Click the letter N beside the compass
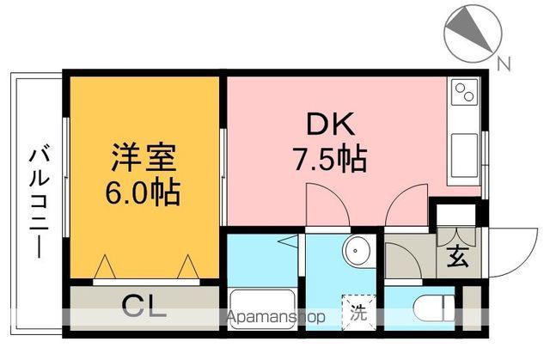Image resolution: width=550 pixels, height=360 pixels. click(x=504, y=62)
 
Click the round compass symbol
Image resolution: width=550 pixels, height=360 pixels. click(x=471, y=31)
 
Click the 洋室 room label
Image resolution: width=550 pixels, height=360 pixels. click(x=144, y=158)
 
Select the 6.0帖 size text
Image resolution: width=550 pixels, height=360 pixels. click(x=144, y=191)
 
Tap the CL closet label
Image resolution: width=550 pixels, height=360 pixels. click(x=143, y=304)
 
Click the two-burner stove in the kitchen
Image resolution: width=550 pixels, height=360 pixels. click(x=465, y=91)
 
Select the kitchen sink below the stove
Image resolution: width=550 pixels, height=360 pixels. click(x=465, y=155)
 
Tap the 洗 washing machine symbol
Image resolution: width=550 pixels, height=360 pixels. click(x=357, y=311)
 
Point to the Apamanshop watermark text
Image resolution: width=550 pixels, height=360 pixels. click(x=277, y=316)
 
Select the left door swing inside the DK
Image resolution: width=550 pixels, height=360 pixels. click(x=327, y=206)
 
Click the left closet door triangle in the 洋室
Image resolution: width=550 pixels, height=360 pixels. click(x=103, y=266)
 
